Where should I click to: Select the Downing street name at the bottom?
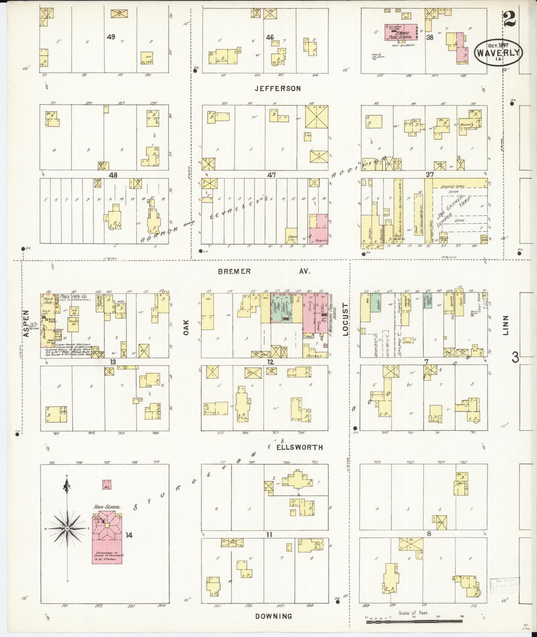(x=274, y=616)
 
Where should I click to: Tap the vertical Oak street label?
(x=186, y=327)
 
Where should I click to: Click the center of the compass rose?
(x=67, y=528)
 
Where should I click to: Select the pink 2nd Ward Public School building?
(x=401, y=32)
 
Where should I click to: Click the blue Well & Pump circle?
(x=374, y=58)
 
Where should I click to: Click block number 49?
(x=110, y=37)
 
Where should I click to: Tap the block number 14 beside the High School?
(x=129, y=535)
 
